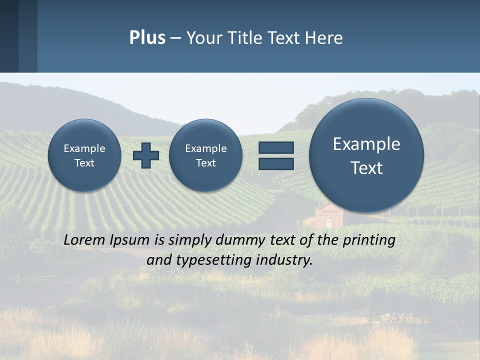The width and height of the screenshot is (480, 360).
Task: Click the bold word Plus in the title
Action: [147, 38]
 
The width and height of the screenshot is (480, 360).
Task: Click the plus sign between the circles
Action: [146, 155]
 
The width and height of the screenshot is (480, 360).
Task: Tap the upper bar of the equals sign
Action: [276, 147]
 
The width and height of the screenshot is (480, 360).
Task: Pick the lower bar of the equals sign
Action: [276, 163]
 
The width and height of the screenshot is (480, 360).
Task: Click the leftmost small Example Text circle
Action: [84, 155]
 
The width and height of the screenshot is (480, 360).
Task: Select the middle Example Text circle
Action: [206, 155]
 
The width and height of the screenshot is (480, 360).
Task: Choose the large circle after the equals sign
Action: [366, 155]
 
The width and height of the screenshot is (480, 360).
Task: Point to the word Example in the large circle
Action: [366, 144]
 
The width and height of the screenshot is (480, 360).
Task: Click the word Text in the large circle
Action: [366, 168]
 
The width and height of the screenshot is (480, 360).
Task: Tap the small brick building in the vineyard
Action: [328, 215]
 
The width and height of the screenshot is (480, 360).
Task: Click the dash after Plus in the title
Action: [175, 38]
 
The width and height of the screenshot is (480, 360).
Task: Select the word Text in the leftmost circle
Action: [84, 163]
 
